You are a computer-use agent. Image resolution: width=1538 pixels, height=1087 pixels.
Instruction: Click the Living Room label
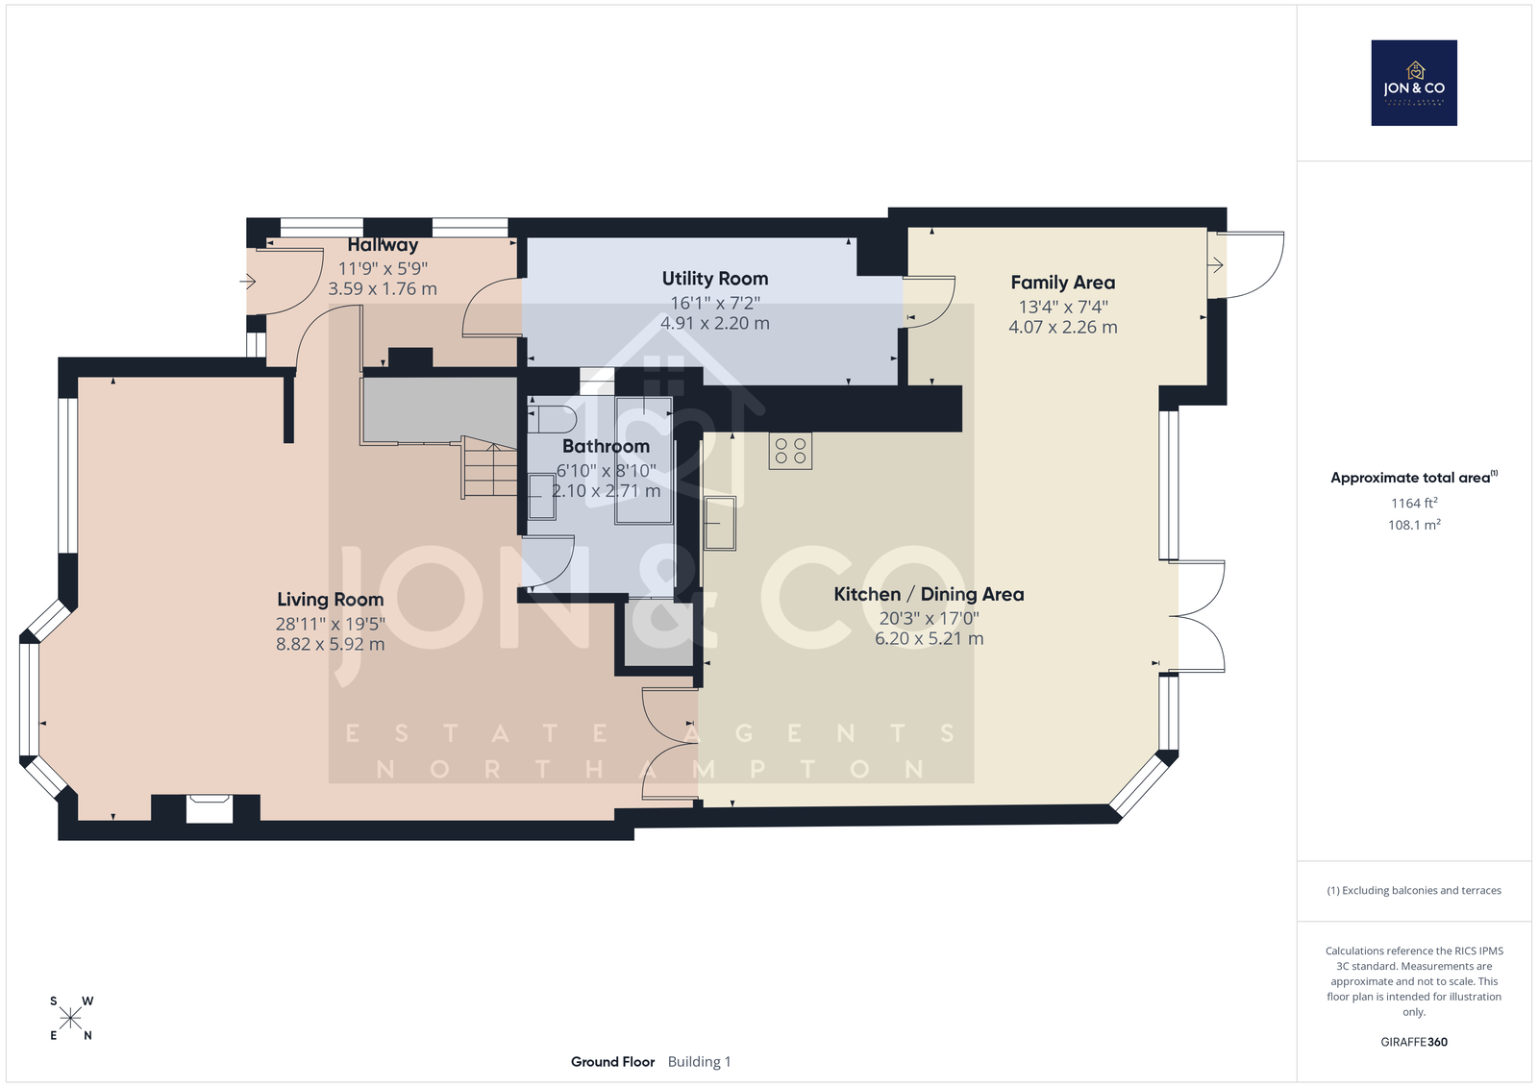click(x=331, y=600)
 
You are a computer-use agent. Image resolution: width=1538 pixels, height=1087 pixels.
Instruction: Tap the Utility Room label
click(x=715, y=279)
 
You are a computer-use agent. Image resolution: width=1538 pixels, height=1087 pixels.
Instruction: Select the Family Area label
click(x=1063, y=283)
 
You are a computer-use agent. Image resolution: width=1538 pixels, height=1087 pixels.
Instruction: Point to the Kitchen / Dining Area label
click(x=929, y=595)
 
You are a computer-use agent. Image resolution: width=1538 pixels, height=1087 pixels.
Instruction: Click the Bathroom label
click(x=606, y=446)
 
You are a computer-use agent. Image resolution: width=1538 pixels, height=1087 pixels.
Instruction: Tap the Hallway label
click(x=383, y=245)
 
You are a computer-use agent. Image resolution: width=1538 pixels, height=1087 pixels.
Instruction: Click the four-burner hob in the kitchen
click(x=790, y=451)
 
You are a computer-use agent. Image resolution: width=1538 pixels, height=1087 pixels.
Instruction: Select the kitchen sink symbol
click(x=720, y=523)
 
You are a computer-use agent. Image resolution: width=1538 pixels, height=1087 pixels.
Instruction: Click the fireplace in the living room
click(x=210, y=808)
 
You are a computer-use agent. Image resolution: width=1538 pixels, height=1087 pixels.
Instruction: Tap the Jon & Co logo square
click(x=1414, y=83)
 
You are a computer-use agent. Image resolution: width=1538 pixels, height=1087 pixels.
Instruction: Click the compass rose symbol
click(x=71, y=1018)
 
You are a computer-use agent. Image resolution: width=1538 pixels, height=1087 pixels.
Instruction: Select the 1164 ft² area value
click(x=1414, y=503)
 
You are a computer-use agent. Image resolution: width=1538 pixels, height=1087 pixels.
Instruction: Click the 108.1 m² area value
click(x=1414, y=525)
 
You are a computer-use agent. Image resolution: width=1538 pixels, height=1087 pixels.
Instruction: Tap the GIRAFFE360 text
click(x=1414, y=1042)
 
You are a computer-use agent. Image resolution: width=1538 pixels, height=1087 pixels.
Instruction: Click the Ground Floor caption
click(x=612, y=1062)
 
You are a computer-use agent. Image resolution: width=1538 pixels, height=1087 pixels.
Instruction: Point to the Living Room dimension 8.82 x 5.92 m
click(x=331, y=644)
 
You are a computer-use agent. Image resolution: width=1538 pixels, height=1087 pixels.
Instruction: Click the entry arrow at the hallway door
click(x=248, y=281)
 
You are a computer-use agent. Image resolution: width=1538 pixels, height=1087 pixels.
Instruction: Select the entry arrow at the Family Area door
click(x=1215, y=264)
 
